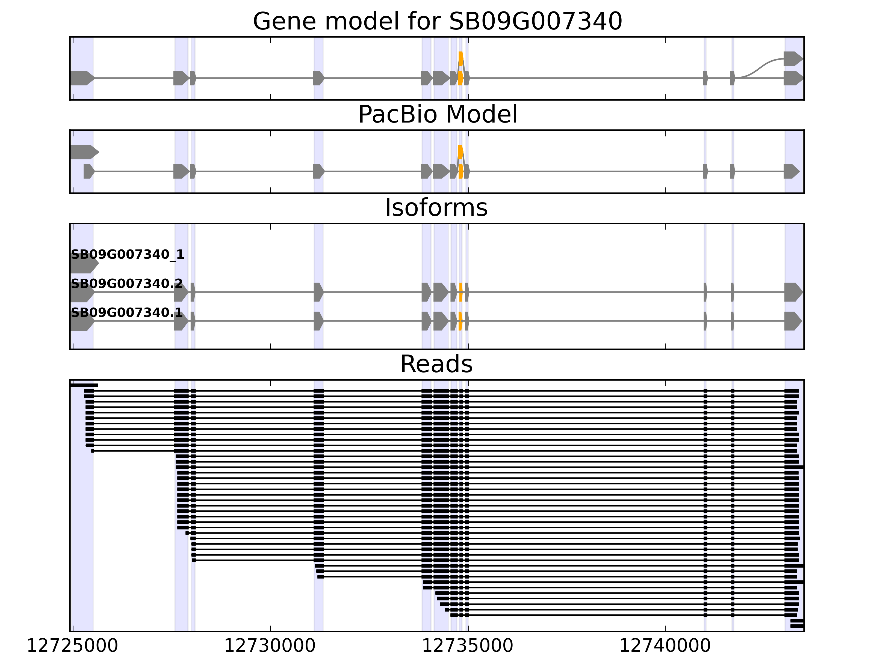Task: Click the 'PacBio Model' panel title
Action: (x=437, y=115)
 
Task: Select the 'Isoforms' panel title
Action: (x=436, y=208)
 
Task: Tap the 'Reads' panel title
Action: (x=436, y=364)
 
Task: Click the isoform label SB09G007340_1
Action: (x=127, y=255)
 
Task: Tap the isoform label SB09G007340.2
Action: (x=126, y=284)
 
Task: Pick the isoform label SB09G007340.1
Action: (x=126, y=313)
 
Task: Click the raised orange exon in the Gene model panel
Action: (x=461, y=58)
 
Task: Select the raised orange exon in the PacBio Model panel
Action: (x=460, y=152)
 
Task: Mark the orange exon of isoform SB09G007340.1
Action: (x=460, y=321)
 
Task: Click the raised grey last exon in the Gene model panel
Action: (x=793, y=58)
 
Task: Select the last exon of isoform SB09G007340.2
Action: (x=793, y=292)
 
